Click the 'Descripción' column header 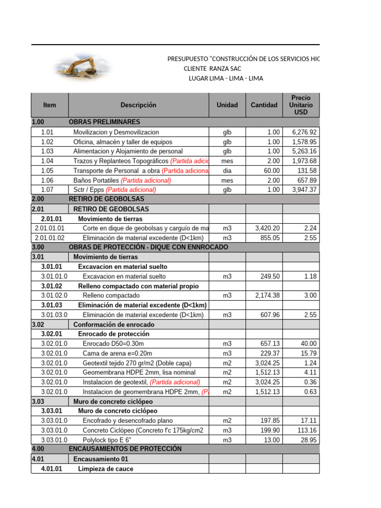138,105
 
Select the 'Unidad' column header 227,105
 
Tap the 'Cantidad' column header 264,105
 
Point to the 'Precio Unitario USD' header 301,105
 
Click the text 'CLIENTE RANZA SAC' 212,68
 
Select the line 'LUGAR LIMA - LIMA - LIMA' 226,78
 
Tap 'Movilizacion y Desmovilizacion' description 116,132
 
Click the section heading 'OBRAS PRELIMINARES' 104,122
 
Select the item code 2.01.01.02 50,238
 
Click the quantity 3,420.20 267,228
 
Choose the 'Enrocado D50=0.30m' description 114,343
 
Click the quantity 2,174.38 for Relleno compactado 267,295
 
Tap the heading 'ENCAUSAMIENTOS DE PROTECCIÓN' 125,448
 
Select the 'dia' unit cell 227,171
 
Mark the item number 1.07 48,190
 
